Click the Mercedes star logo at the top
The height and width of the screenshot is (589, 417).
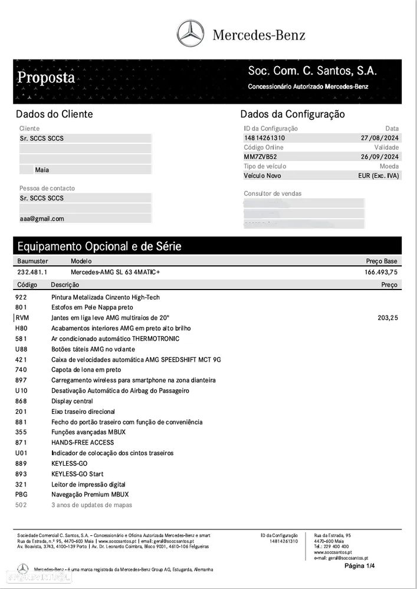[190, 34]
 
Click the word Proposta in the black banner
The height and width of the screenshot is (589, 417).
[46, 77]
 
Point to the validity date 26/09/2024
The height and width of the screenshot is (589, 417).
[380, 157]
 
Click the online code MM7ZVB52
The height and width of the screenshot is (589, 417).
[260, 157]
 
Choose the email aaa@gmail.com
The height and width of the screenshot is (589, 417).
[42, 218]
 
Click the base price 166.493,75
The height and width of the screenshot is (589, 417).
[381, 272]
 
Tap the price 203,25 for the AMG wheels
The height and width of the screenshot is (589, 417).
[388, 318]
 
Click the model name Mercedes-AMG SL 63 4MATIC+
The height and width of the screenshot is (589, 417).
[115, 272]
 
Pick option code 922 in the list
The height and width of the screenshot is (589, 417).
[21, 297]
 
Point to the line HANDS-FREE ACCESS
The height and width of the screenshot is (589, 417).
[83, 442]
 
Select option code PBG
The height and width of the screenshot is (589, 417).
[22, 494]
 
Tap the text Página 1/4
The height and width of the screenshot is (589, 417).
[359, 565]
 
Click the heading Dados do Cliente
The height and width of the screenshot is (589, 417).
[54, 114]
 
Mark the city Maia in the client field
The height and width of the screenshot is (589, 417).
[42, 169]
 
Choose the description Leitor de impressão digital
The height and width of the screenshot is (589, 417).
[88, 484]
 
